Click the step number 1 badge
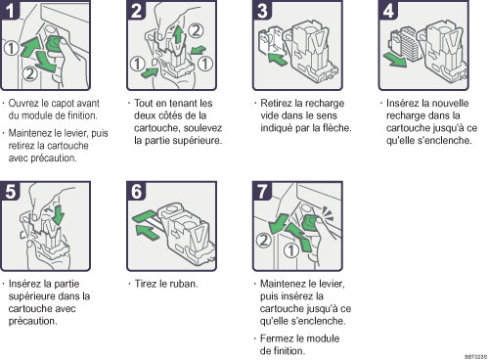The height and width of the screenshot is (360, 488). coord(10,9)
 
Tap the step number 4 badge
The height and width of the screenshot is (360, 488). coord(387,10)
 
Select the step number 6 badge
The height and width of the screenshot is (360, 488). coord(136,191)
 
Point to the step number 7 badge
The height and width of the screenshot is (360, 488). coord(262,191)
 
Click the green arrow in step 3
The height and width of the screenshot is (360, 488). coord(277,59)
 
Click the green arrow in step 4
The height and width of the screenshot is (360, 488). coord(395,61)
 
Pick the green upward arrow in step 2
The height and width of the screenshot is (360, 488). coord(178,35)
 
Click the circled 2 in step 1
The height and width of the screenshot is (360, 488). coord(29,73)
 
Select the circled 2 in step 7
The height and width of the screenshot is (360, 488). coord(263,241)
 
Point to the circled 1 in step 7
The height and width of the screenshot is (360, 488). coord(290,250)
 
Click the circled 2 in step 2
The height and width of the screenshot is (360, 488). coord(196,30)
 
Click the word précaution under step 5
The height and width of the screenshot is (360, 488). coord(32,321)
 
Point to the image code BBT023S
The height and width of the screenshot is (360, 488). coord(475,357)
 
